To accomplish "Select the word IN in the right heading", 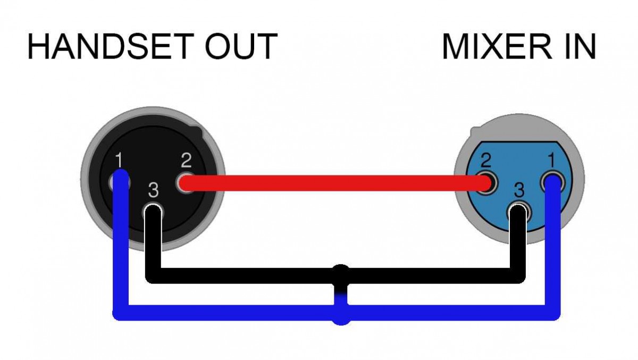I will (577, 46).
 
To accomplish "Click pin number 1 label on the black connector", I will (119, 159).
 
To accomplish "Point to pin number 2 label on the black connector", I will (186, 159).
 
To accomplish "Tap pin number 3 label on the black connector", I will (153, 190).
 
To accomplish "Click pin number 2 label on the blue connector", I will (485, 160).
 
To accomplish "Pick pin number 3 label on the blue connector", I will (519, 190).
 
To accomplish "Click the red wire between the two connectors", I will (335, 183).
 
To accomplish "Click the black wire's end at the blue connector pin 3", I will (518, 213).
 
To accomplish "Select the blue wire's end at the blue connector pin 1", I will (553, 182).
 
